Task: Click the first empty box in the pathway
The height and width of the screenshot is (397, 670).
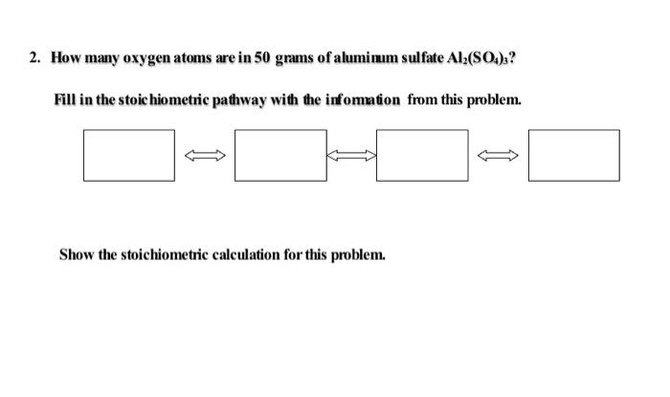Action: [x=128, y=154]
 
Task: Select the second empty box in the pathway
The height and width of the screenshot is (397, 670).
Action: [x=279, y=154]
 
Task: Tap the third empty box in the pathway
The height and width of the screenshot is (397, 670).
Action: [x=422, y=154]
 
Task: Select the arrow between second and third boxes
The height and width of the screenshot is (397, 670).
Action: [x=351, y=154]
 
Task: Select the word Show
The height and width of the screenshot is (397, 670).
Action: [x=75, y=254]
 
